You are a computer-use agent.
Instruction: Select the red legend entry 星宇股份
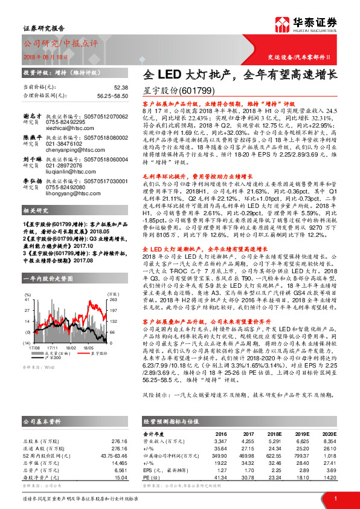pyautogui.click(x=98, y=354)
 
